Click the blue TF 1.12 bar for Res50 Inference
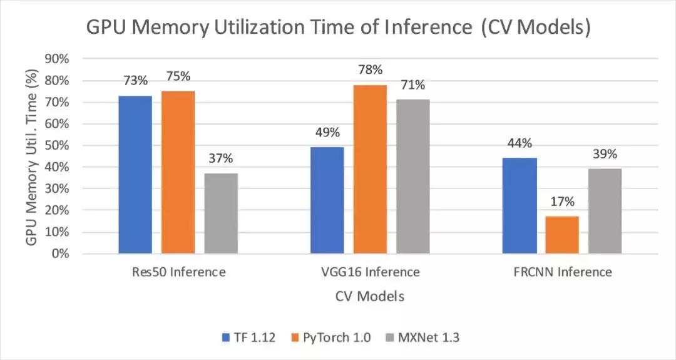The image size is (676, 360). [x=135, y=175]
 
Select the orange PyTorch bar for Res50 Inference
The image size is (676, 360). [x=178, y=172]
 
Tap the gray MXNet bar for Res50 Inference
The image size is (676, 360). [x=221, y=213]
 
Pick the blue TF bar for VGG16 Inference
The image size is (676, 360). [x=327, y=200]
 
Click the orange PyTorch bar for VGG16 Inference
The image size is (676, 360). [x=370, y=169]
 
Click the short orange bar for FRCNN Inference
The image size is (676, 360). [x=562, y=235]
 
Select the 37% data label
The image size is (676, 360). [x=222, y=159]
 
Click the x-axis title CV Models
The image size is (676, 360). [x=370, y=296]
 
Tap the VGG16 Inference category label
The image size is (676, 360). [x=370, y=272]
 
